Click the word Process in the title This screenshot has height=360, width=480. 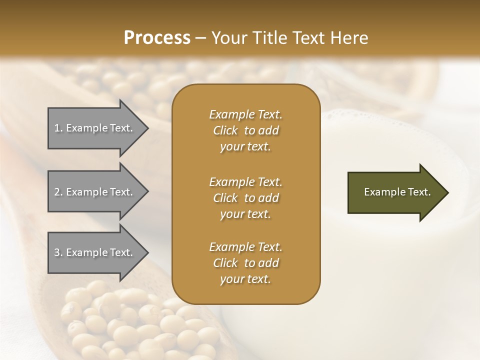pyautogui.click(x=157, y=38)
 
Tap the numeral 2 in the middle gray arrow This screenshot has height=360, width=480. pyautogui.click(x=57, y=192)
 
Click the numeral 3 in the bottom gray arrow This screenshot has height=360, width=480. pyautogui.click(x=57, y=252)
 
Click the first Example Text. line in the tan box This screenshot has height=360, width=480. pyautogui.click(x=245, y=114)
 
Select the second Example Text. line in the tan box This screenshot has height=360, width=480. pyautogui.click(x=245, y=181)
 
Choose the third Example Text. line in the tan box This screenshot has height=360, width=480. pyautogui.click(x=245, y=247)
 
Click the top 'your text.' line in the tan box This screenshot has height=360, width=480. pyautogui.click(x=245, y=147)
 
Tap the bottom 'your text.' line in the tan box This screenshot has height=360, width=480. pyautogui.click(x=245, y=279)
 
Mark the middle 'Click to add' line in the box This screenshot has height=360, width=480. pyautogui.click(x=245, y=198)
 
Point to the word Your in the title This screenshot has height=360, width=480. pyautogui.click(x=227, y=38)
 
